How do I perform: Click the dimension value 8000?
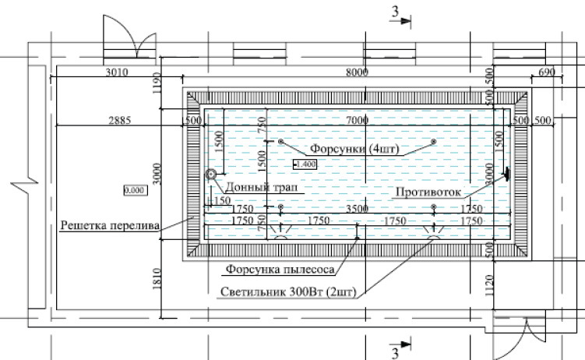pos(356,72)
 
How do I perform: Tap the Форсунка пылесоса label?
pos(280,270)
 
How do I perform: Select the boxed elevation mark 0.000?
pos(135,189)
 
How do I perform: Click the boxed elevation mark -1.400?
pos(304,164)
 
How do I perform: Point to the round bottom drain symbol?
pos(210,175)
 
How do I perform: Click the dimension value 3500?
pos(358,210)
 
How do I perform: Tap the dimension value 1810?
pos(156,277)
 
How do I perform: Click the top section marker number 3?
pos(396,11)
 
